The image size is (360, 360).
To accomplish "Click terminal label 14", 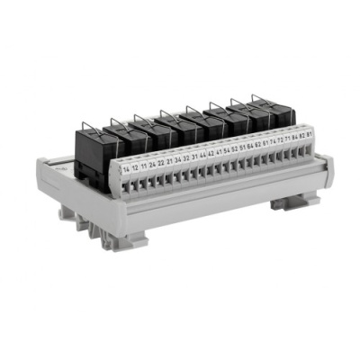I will click(x=126, y=169).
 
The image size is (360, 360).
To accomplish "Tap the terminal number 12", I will click(x=135, y=168).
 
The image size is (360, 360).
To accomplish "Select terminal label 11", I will click(x=144, y=166).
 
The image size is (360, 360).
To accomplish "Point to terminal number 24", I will click(x=152, y=165).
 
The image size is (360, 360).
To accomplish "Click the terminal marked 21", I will click(x=169, y=162).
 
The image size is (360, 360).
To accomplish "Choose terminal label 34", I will click(x=177, y=161).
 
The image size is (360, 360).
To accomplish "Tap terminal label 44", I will click(x=202, y=157).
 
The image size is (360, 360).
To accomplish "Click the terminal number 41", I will click(x=219, y=153).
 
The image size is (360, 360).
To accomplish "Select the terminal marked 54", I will click(x=227, y=151).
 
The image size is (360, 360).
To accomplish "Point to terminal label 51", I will click(x=242, y=148).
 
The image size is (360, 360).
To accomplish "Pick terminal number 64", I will click(x=250, y=148).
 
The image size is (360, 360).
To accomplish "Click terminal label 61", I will click(x=265, y=144).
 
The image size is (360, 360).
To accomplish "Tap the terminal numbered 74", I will click(x=273, y=142).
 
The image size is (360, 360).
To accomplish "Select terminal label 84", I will click(x=294, y=138).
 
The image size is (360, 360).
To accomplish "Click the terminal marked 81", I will click(x=309, y=134).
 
